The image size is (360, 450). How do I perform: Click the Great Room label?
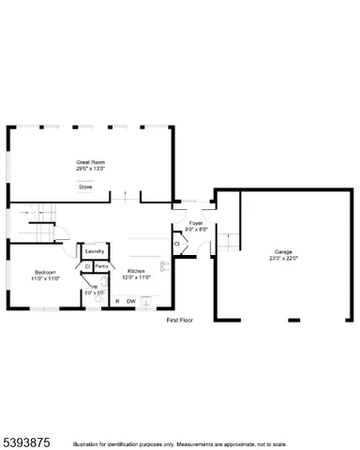click(x=90, y=162)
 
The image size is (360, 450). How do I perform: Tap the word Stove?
click(x=84, y=187)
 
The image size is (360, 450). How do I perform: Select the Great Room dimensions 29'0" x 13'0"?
click(x=90, y=170)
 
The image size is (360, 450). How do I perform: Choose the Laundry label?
click(x=94, y=251)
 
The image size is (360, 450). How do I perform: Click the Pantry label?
click(x=102, y=266)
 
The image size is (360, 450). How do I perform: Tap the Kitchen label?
click(x=137, y=271)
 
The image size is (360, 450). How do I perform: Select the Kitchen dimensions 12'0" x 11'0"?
click(x=137, y=277)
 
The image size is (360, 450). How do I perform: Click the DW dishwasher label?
click(x=131, y=301)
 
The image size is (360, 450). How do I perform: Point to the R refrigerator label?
click(x=117, y=301)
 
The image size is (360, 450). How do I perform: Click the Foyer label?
click(x=195, y=223)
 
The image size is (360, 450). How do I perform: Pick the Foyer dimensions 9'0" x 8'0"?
click(x=195, y=230)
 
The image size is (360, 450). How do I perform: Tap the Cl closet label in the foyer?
click(x=177, y=245)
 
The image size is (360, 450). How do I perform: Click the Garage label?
click(x=284, y=251)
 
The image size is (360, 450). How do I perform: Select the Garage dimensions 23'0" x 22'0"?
click(x=284, y=258)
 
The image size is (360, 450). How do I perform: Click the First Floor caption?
click(x=179, y=321)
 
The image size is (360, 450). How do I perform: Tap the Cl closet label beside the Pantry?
click(x=87, y=266)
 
